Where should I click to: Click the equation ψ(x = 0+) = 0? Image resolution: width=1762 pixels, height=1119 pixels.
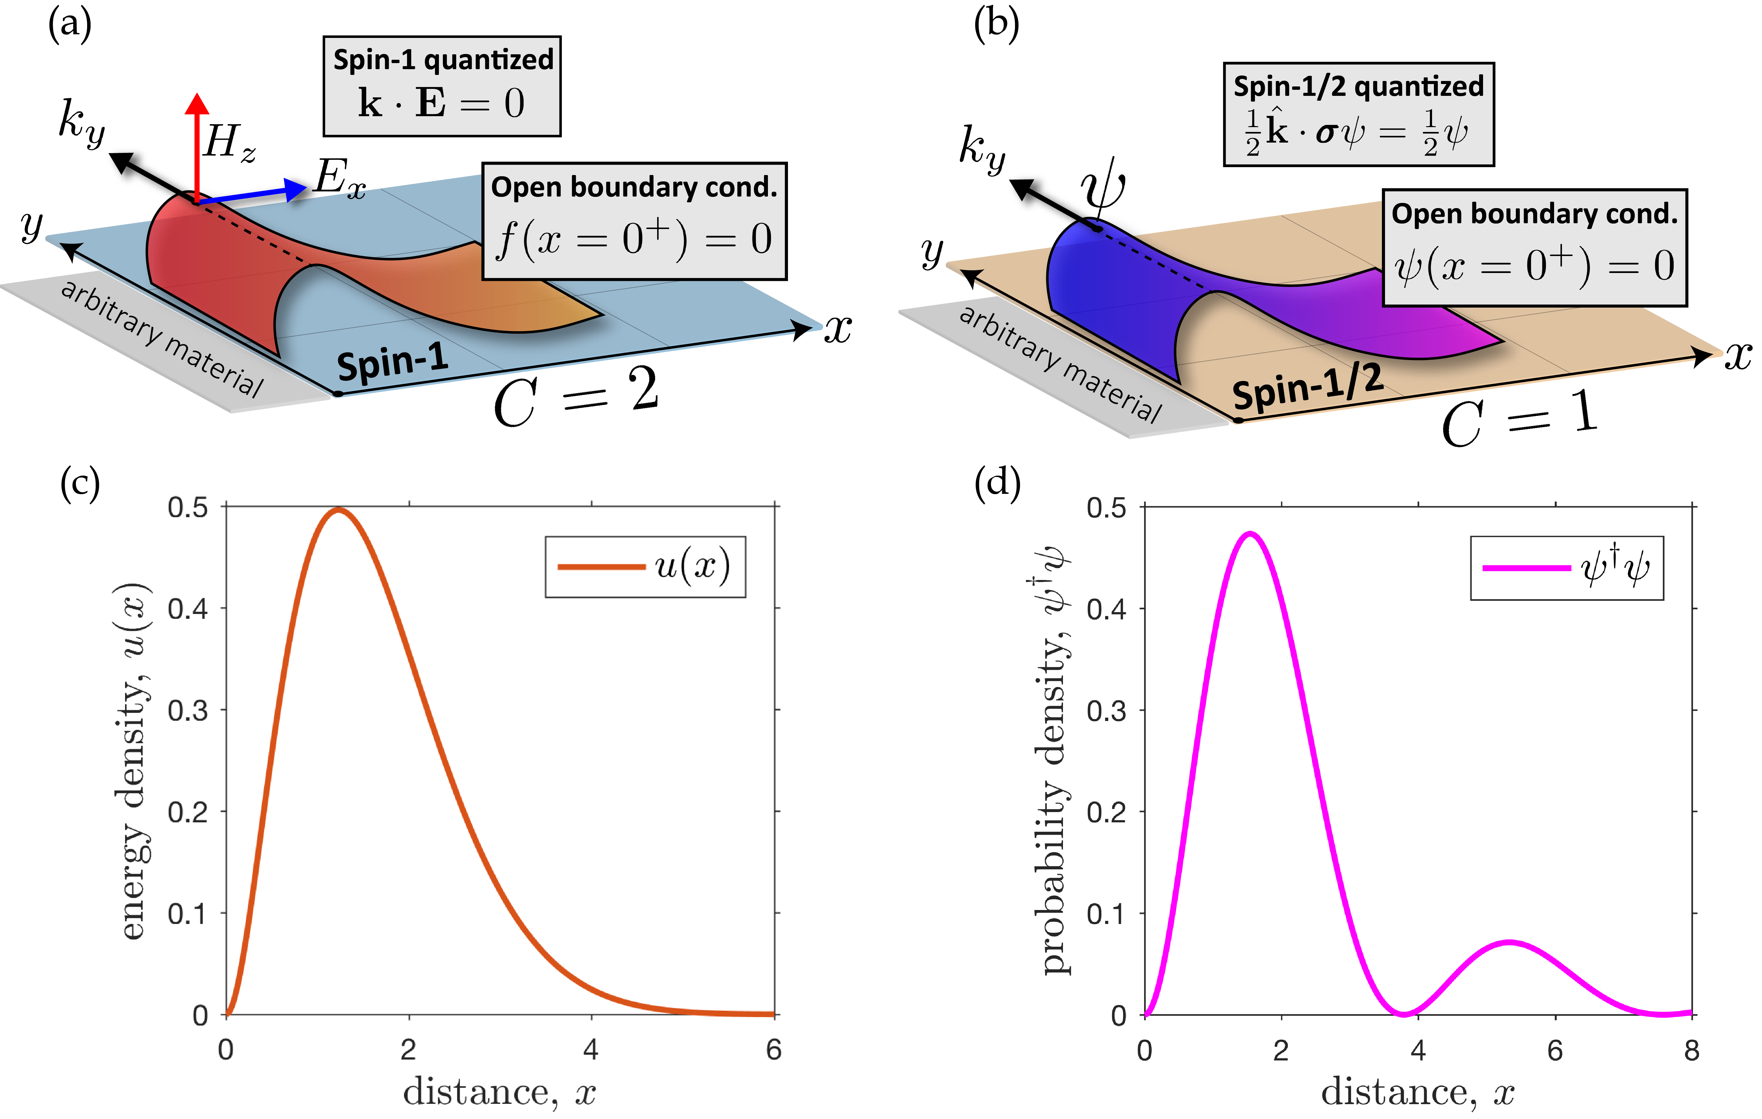click(1534, 265)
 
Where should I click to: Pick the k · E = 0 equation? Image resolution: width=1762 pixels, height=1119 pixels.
click(441, 103)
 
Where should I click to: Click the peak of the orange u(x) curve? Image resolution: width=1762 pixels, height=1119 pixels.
click(338, 510)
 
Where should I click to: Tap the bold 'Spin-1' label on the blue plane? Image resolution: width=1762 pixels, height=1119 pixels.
click(393, 361)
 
